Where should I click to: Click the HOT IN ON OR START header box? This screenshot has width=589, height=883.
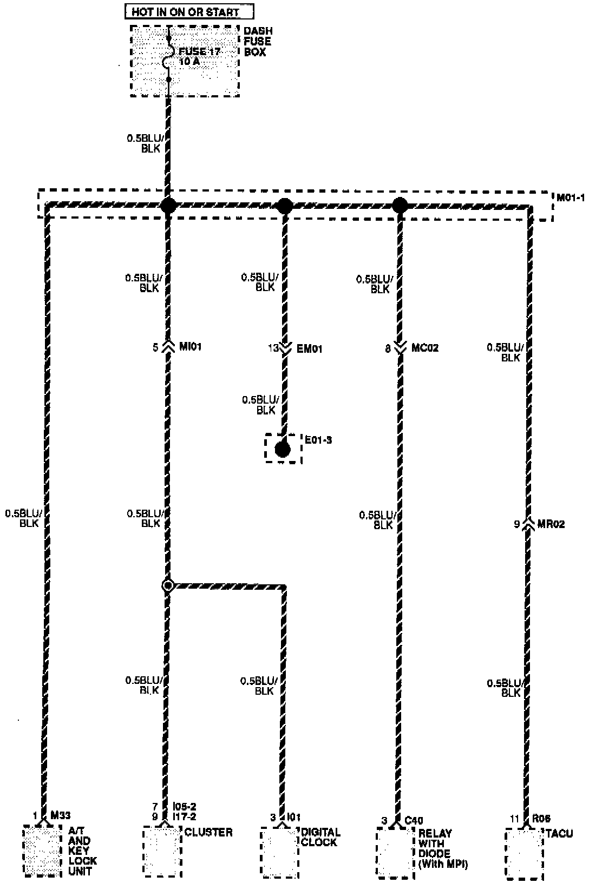[188, 11]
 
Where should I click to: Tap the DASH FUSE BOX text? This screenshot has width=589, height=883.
[258, 42]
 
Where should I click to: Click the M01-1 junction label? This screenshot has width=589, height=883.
[571, 197]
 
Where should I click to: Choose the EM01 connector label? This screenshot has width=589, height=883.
[309, 349]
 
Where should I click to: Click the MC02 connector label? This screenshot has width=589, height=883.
[425, 348]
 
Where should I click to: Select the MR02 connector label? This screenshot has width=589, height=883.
[551, 524]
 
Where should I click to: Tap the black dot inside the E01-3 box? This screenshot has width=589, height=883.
[282, 449]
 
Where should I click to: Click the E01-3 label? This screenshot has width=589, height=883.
[318, 440]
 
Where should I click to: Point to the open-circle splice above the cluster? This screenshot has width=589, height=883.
[168, 585]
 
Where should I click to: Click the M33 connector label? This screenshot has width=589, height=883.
[61, 815]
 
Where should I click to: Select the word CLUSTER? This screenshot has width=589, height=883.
[209, 832]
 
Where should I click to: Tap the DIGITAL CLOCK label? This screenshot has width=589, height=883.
[320, 837]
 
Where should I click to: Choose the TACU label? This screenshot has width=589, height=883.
[559, 834]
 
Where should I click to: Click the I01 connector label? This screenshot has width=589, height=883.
[293, 817]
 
